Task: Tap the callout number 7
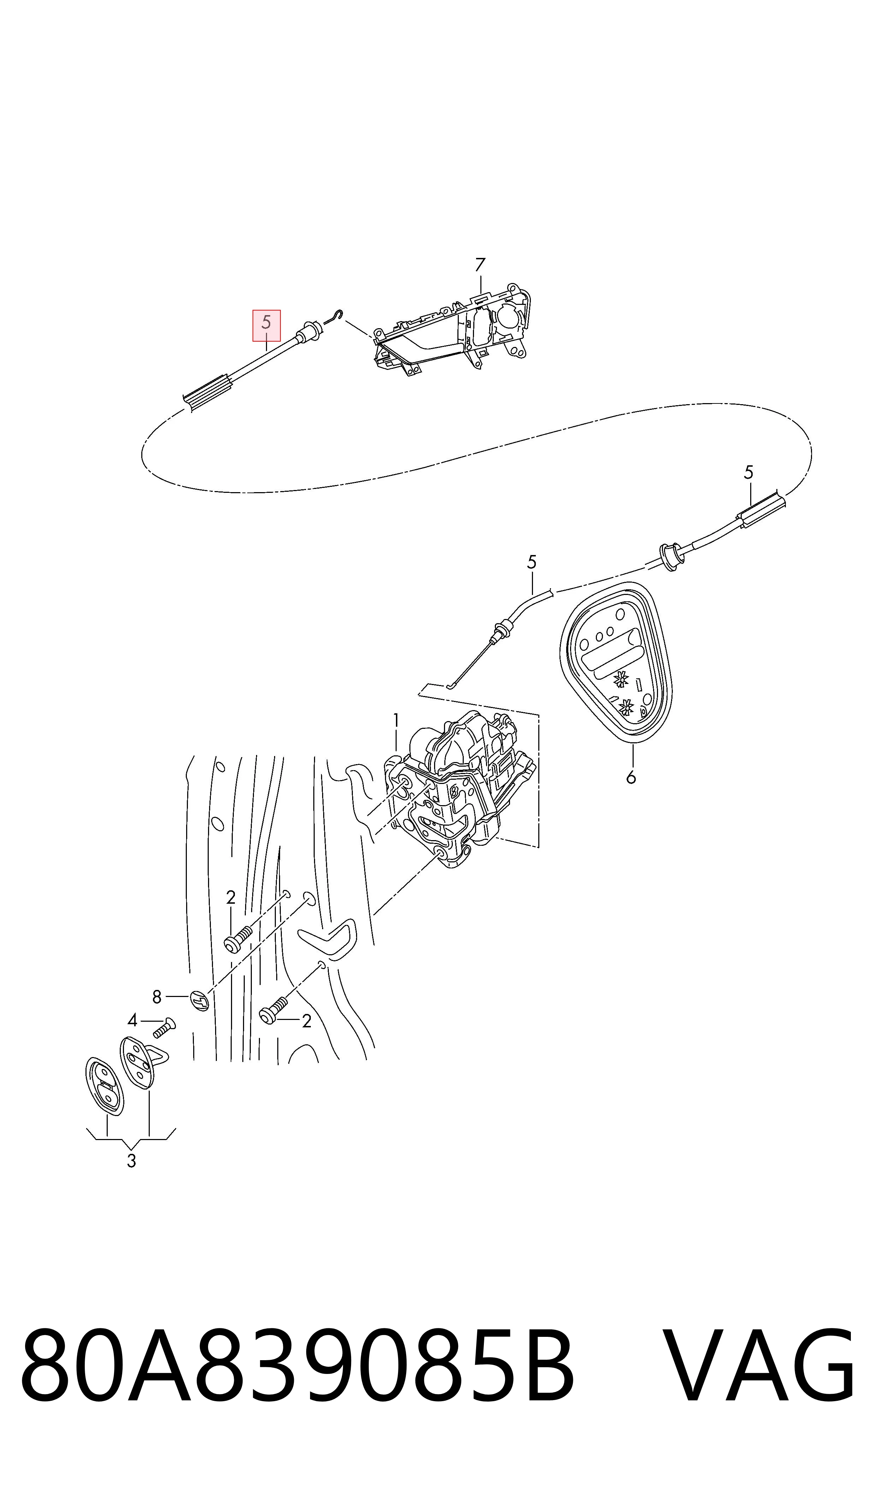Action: (480, 264)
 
